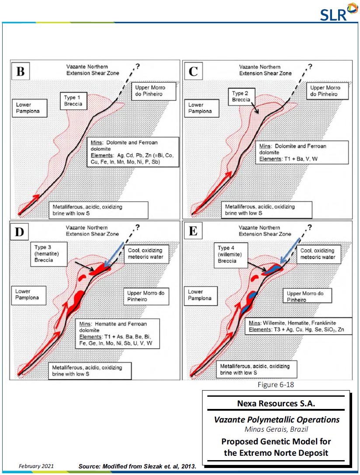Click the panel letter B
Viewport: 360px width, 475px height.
21,71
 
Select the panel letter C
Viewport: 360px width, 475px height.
193,71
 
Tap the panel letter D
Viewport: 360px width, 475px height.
20,232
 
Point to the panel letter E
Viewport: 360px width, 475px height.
193,232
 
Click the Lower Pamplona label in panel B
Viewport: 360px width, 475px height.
28,108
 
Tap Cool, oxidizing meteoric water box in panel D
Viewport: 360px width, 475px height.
145,254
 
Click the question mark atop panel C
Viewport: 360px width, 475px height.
310,66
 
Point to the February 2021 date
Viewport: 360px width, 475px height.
36,466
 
